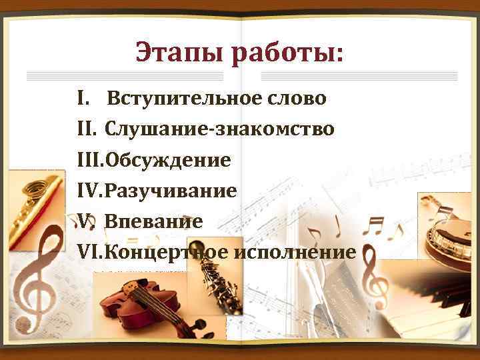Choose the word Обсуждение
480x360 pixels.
coord(167,160)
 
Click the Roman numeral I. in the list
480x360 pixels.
coord(81,99)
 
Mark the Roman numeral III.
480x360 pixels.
coord(90,160)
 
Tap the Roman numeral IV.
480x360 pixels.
coord(90,191)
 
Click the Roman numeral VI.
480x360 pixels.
coord(90,252)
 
